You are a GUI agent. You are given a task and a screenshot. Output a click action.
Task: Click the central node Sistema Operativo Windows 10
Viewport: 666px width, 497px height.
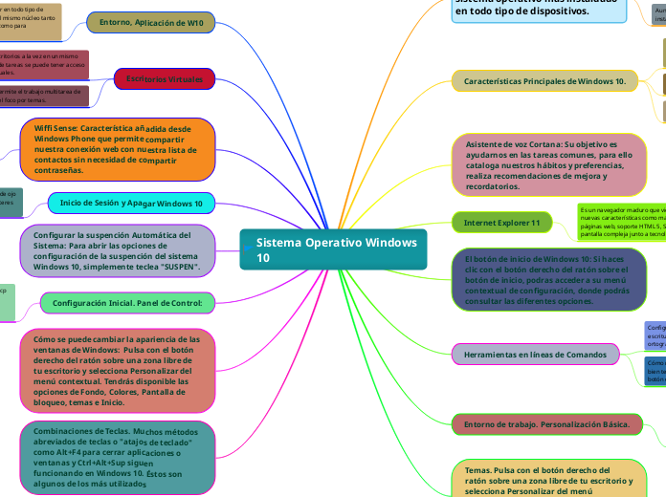click(331, 250)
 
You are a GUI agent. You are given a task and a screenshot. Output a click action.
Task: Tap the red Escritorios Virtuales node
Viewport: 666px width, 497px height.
click(165, 79)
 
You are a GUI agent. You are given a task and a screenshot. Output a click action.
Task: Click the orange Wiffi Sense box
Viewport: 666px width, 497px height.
click(117, 150)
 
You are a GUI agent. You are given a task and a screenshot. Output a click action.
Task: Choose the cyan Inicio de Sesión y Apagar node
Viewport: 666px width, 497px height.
click(131, 204)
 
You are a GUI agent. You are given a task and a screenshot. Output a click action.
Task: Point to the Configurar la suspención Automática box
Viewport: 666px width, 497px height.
click(120, 250)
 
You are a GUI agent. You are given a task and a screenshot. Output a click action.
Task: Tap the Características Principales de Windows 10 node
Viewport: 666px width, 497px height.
click(544, 81)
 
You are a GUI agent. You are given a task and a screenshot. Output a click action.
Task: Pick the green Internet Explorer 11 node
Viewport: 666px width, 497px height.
click(501, 223)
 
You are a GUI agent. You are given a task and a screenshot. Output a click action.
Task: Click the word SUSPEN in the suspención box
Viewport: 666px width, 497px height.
click(177, 268)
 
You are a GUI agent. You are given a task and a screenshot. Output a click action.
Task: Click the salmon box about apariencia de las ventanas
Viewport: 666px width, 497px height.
click(116, 370)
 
